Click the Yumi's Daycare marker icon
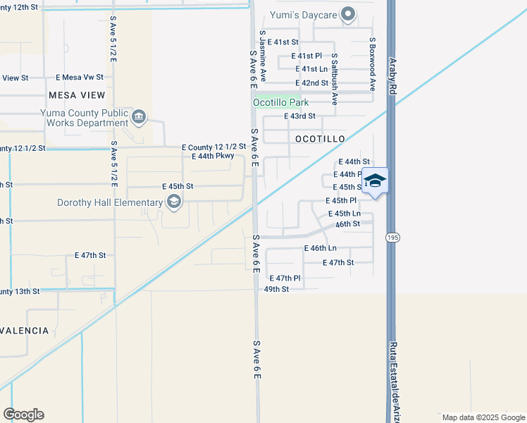tap(347, 14)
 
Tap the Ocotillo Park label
tap(281, 102)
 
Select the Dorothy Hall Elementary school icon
tap(173, 203)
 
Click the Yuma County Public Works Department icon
tap(139, 116)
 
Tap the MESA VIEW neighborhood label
tap(77, 95)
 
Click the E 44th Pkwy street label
tap(213, 156)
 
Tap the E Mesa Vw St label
tap(80, 78)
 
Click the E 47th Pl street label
tap(285, 278)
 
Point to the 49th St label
tap(277, 289)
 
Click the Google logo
tap(23, 415)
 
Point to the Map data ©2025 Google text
tap(483, 417)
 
